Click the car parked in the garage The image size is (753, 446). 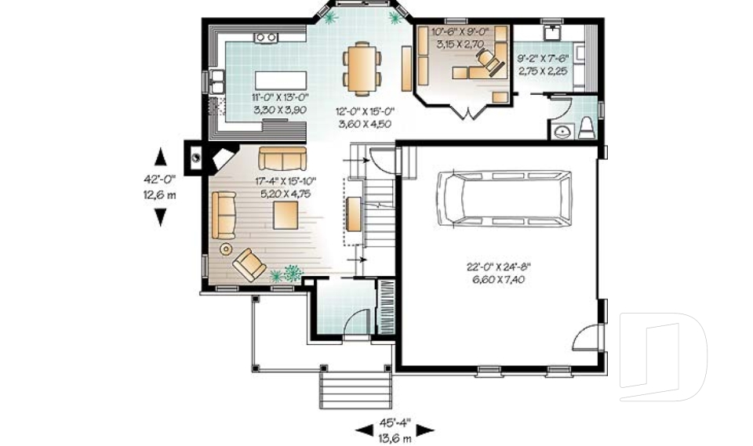pyautogui.click(x=504, y=198)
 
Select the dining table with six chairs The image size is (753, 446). pyautogui.click(x=362, y=67)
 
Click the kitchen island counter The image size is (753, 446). pyautogui.click(x=281, y=80)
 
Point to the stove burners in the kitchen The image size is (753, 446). pyautogui.click(x=266, y=37)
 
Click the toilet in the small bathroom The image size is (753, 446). pyautogui.click(x=587, y=128)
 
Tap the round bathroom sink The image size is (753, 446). pyautogui.click(x=562, y=131)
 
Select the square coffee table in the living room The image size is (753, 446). pyautogui.click(x=286, y=215)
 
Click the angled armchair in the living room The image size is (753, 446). pyautogui.click(x=249, y=264)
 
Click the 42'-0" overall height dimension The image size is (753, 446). pyautogui.click(x=159, y=179)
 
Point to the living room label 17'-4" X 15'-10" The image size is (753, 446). pyautogui.click(x=286, y=181)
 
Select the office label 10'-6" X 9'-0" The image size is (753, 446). pyautogui.click(x=460, y=32)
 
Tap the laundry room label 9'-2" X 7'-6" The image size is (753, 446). pyautogui.click(x=543, y=59)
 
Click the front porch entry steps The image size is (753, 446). pyautogui.click(x=356, y=390)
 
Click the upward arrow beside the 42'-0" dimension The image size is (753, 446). pyautogui.click(x=160, y=157)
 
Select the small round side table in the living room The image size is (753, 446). pyautogui.click(x=226, y=248)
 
